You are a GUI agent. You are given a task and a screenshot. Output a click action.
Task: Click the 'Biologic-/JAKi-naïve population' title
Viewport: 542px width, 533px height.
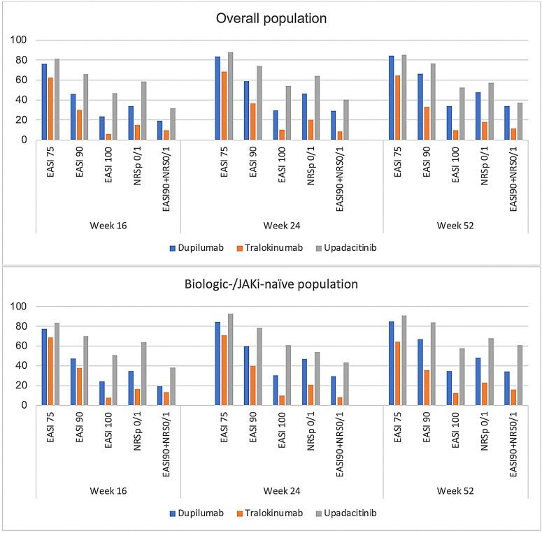pyautogui.click(x=271, y=285)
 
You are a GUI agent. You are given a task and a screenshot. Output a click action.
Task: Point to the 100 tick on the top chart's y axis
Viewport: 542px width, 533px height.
pyautogui.click(x=24, y=41)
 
